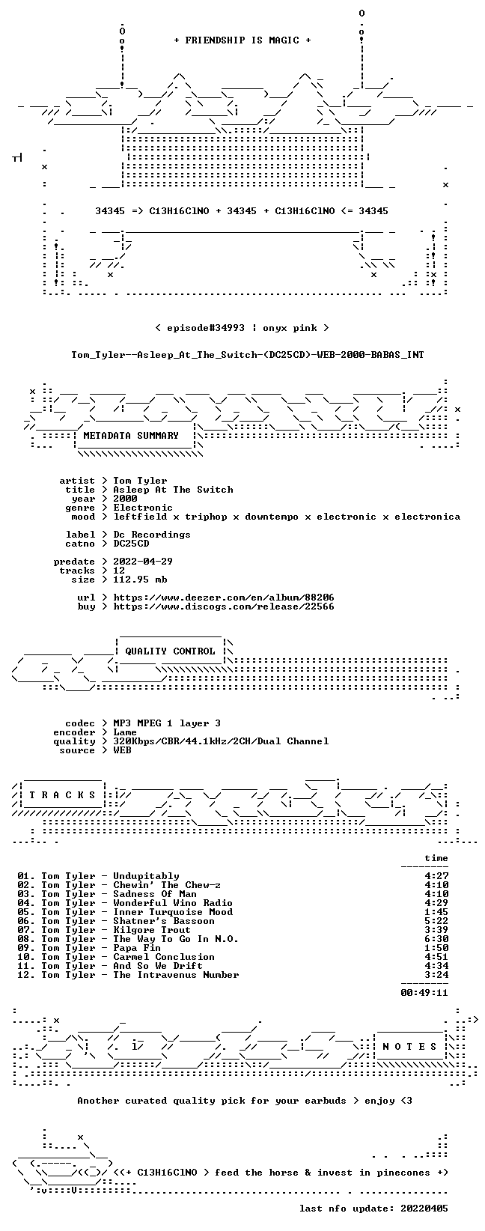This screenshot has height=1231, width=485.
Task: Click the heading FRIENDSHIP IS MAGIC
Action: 242,40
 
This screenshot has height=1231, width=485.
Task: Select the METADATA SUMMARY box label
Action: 131,436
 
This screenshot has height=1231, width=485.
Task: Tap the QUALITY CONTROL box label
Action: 170,651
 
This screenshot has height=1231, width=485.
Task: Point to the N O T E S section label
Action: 409,1046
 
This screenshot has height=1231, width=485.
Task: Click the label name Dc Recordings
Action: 152,535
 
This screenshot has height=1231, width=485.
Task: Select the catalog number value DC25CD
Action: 131,544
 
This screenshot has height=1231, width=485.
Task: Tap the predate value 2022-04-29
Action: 143,562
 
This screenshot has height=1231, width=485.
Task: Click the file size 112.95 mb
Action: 140,580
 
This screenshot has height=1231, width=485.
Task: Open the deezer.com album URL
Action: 224,598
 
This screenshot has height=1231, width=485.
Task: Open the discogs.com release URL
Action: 224,607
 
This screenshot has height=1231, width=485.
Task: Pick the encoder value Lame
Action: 125,732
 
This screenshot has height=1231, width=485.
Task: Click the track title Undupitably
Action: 146,876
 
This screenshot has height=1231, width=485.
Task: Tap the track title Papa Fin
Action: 137,948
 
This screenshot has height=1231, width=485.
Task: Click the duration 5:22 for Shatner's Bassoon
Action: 436,921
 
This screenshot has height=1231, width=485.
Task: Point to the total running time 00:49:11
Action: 424,993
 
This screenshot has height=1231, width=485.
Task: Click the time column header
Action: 436,858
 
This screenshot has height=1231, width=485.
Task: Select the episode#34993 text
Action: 206,328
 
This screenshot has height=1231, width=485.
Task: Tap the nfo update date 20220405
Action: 424,1209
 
